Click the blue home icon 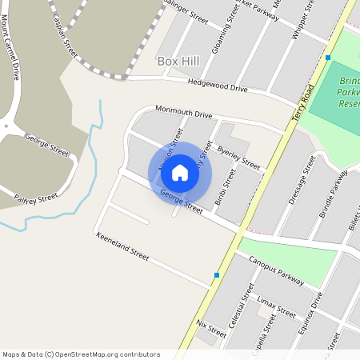tap(180, 172)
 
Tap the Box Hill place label tap(177, 62)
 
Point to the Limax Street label tap(276, 306)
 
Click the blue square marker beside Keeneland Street tap(217, 276)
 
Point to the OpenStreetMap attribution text tap(81, 354)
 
